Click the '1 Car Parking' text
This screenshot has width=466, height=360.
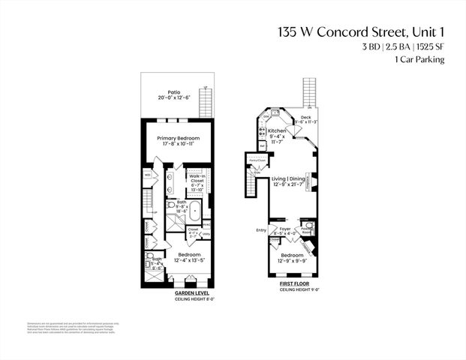coord(414,59)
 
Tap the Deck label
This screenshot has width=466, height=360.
coord(305,118)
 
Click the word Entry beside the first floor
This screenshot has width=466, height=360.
coord(261,230)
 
